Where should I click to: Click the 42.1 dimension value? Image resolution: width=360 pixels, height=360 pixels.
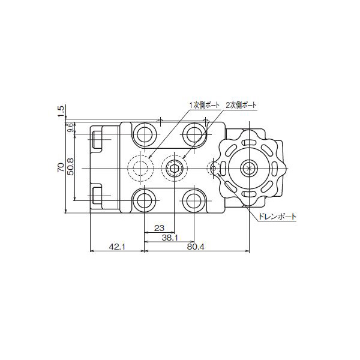click(x=117, y=247)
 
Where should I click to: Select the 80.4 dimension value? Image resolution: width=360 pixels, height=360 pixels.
click(x=196, y=247)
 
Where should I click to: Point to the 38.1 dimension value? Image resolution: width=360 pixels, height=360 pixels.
click(x=170, y=238)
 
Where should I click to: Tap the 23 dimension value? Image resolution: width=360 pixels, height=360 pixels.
click(x=160, y=228)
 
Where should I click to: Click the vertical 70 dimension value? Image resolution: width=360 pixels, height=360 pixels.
click(x=61, y=167)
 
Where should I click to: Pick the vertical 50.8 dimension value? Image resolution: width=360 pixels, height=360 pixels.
click(x=71, y=167)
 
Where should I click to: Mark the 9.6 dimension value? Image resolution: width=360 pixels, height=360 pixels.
click(x=71, y=127)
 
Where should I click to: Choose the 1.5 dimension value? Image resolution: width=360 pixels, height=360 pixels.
click(x=61, y=111)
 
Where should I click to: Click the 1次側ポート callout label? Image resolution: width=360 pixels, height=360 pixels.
click(x=204, y=106)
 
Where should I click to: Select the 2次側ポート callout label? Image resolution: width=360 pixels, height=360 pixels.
click(x=241, y=106)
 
